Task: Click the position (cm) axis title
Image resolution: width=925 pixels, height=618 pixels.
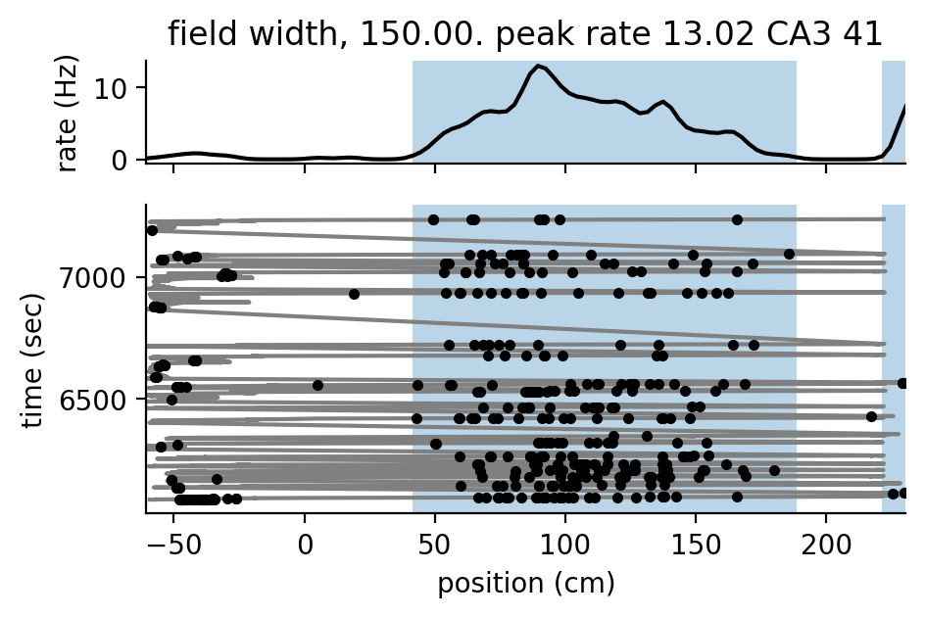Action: [x=525, y=584]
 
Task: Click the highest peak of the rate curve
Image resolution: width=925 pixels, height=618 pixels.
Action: [x=536, y=67]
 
